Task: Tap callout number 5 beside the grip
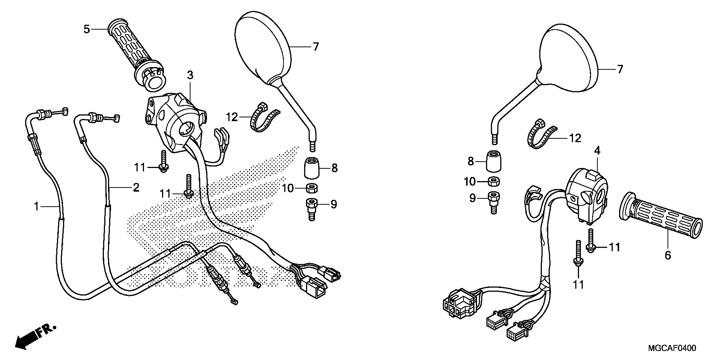[x=87, y=29]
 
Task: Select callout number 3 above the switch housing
[x=190, y=75]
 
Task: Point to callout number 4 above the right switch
[x=597, y=151]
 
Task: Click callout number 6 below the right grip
[x=667, y=255]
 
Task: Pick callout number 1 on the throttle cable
[x=36, y=206]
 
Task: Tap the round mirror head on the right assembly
[x=567, y=59]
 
